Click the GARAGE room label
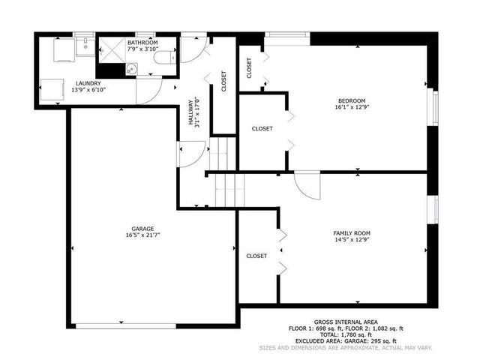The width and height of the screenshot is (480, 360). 142,228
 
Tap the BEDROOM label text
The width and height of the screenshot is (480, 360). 351,101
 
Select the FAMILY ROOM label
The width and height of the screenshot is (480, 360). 352,233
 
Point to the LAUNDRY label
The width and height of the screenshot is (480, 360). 86,83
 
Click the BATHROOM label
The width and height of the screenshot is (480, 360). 142,43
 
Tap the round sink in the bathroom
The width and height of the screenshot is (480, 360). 132,70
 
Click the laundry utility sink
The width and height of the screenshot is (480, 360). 85,46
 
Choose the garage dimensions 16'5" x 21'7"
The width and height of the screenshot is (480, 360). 142,235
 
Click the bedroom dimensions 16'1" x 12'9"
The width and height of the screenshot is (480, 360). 351,108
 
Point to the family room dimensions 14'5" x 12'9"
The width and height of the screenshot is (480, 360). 352,241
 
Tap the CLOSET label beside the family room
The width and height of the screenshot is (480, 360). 256,256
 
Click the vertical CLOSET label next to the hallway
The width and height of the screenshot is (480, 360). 223,81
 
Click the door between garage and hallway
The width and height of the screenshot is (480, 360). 187,154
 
